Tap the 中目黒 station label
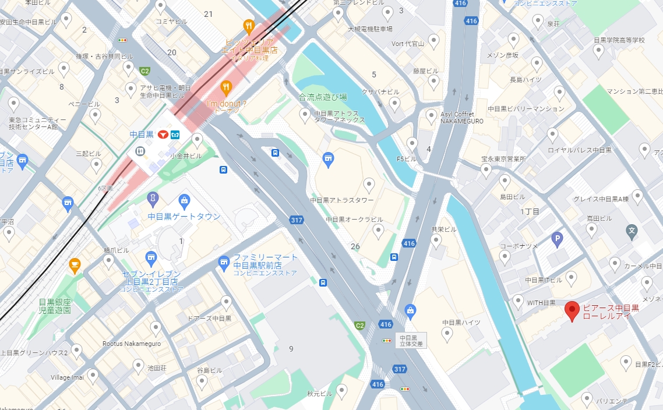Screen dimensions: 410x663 pyautogui.click(x=142, y=135)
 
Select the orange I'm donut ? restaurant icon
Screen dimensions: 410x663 pyautogui.click(x=227, y=88)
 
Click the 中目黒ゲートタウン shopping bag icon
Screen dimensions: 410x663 pyautogui.click(x=185, y=202)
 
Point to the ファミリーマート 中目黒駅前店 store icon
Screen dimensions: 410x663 pyautogui.click(x=224, y=263)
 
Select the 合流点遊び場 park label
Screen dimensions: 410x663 pyautogui.click(x=322, y=97)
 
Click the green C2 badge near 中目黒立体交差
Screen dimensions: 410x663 pyautogui.click(x=360, y=325)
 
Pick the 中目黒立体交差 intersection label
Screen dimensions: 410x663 pyautogui.click(x=412, y=341)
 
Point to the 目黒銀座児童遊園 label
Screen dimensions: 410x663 pyautogui.click(x=55, y=306)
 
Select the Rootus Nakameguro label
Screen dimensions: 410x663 pyautogui.click(x=131, y=344)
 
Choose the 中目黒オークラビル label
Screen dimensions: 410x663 pyautogui.click(x=354, y=220)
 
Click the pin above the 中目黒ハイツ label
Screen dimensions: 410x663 pyautogui.click(x=447, y=333)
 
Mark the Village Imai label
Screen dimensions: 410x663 pyautogui.click(x=67, y=377)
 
